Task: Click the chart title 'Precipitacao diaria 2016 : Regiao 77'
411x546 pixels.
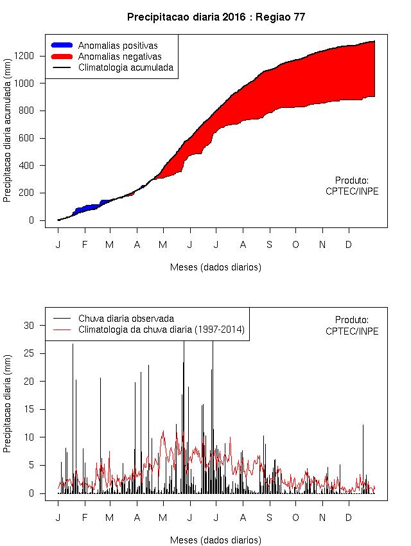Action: click(216, 17)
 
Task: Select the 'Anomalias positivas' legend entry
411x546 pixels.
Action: click(118, 46)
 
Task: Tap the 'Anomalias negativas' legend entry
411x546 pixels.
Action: click(119, 57)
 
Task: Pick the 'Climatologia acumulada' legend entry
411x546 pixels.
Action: click(125, 67)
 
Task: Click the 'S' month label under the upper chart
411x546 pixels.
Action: click(270, 245)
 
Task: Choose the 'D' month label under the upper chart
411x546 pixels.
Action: click(349, 245)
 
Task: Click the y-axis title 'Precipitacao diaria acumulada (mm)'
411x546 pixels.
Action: click(8, 132)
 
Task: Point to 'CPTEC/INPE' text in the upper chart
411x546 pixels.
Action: click(352, 191)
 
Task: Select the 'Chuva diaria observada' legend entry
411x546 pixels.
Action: click(126, 319)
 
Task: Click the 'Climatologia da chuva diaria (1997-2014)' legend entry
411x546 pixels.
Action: click(161, 330)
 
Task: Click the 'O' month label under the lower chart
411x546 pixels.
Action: click(295, 518)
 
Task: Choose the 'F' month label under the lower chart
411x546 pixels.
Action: click(84, 518)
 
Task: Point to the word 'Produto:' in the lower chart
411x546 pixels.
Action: click(352, 320)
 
